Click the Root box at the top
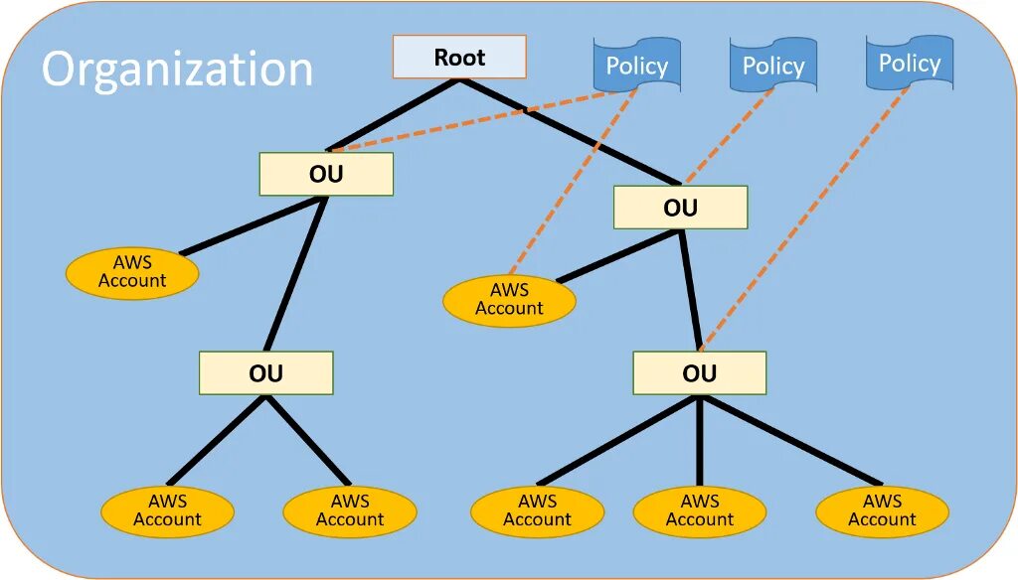click(458, 58)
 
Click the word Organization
click(177, 71)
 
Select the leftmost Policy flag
click(636, 66)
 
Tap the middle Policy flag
click(772, 66)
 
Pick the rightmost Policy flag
click(909, 64)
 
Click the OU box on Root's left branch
click(326, 174)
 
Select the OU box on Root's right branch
click(680, 208)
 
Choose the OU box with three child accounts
click(699, 373)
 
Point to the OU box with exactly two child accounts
click(265, 373)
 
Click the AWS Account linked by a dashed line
click(509, 300)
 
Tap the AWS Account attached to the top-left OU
click(132, 272)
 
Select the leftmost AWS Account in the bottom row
click(167, 510)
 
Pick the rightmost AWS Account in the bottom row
click(882, 510)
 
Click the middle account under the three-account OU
click(699, 510)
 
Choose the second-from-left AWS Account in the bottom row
click(350, 510)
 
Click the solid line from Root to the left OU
click(393, 115)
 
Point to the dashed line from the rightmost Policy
click(805, 218)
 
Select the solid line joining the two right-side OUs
click(690, 290)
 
